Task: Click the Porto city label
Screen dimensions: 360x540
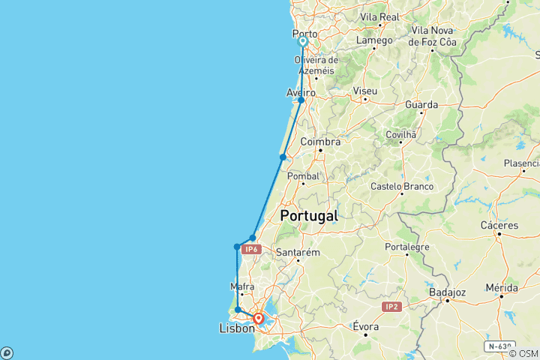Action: pyautogui.click(x=304, y=34)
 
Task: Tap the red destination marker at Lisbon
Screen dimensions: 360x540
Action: pyautogui.click(x=258, y=319)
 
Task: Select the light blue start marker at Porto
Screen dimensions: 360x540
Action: pyautogui.click(x=302, y=42)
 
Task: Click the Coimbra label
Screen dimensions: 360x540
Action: pyautogui.click(x=320, y=141)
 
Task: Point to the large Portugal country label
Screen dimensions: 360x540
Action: pyautogui.click(x=308, y=216)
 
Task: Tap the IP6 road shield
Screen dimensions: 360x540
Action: pyautogui.click(x=250, y=248)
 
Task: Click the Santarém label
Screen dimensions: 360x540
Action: pyautogui.click(x=298, y=253)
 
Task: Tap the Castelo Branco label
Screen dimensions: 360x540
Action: pyautogui.click(x=402, y=185)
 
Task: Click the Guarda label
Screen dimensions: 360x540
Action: pyautogui.click(x=421, y=104)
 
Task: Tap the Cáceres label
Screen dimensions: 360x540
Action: pyautogui.click(x=499, y=225)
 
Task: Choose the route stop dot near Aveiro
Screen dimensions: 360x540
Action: pyautogui.click(x=301, y=100)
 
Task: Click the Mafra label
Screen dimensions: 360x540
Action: pyautogui.click(x=242, y=286)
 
